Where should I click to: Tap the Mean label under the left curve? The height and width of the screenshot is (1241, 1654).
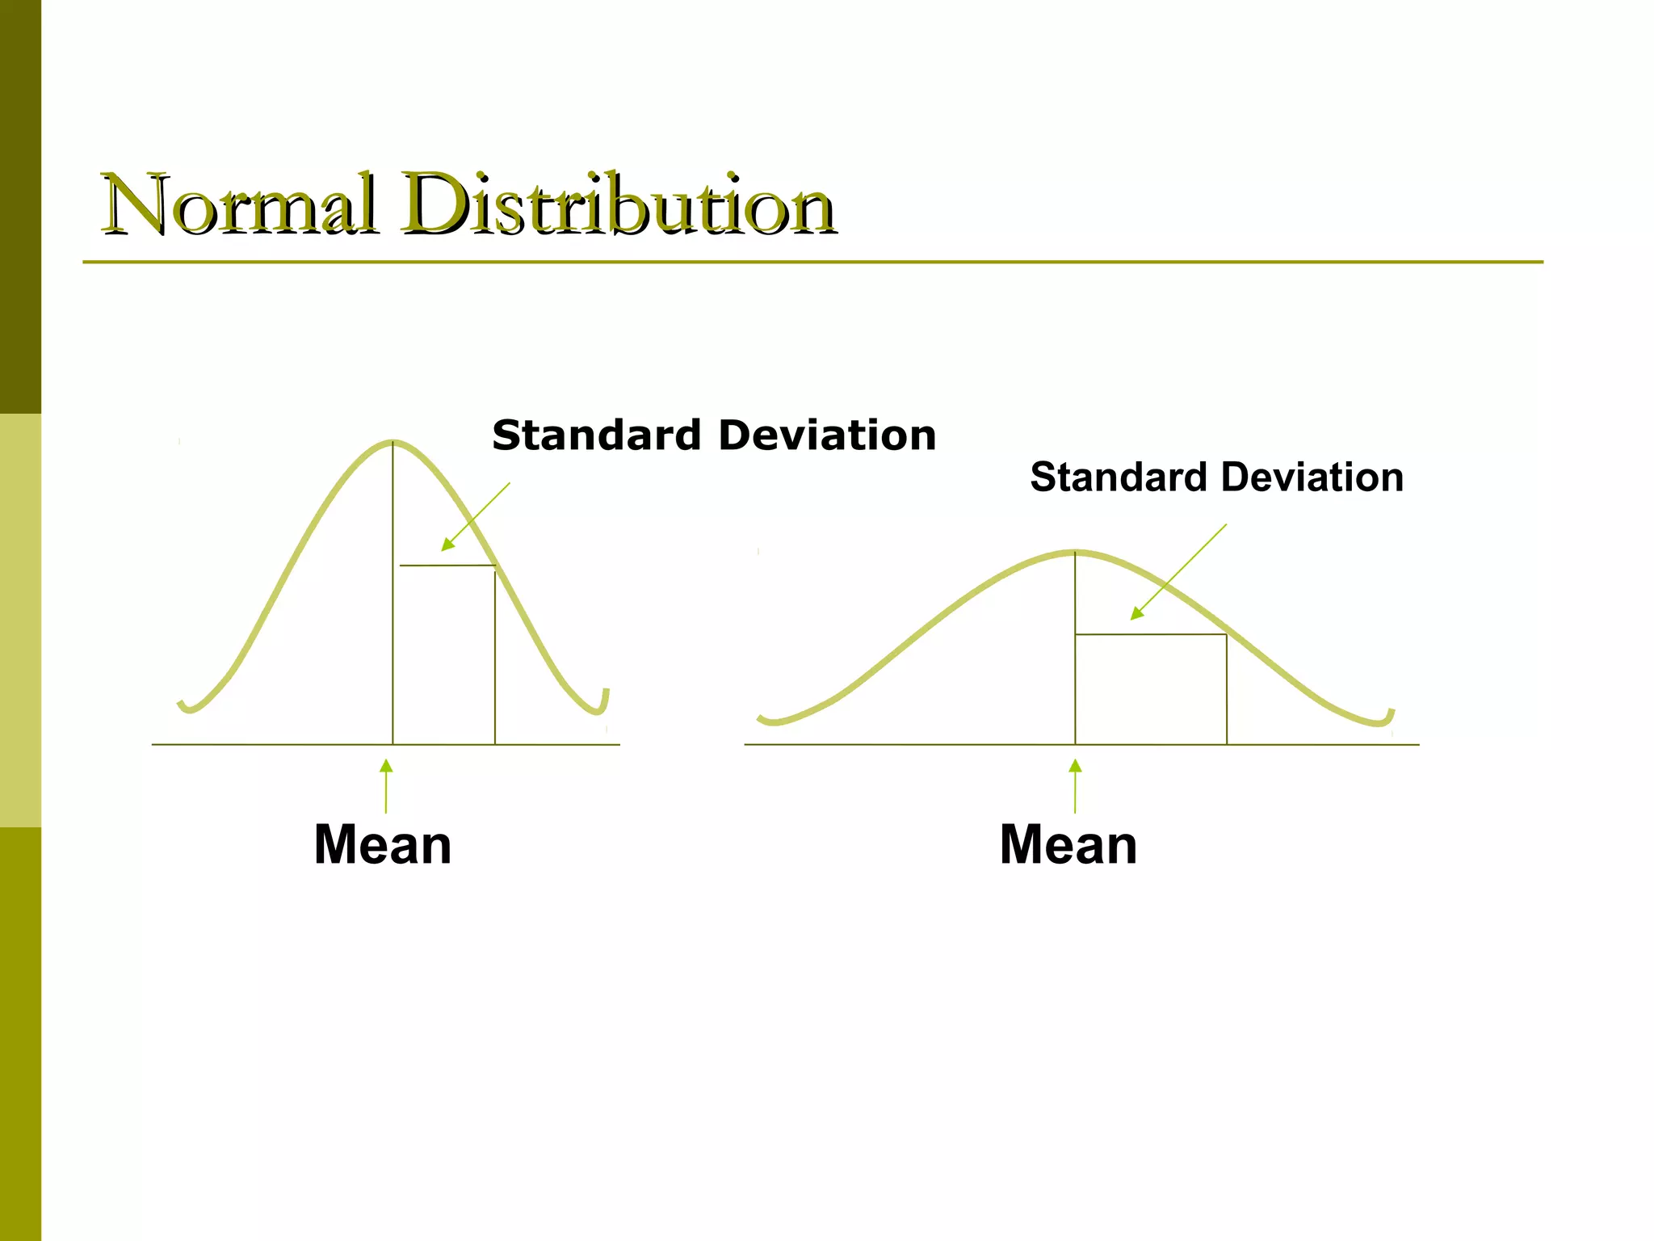382,845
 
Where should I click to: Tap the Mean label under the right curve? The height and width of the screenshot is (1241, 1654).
1068,845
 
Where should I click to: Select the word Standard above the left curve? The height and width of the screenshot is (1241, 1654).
596,435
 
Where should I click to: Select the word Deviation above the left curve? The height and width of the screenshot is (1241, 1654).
827,435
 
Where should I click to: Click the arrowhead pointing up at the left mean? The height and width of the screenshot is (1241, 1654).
386,765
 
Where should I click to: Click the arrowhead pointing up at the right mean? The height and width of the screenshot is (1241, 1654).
1075,765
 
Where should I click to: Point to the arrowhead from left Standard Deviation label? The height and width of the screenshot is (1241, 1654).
447,545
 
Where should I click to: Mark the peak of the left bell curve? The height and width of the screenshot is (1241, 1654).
393,442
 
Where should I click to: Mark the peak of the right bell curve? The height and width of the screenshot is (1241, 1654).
1075,553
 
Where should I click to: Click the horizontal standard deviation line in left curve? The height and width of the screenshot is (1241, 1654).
447,566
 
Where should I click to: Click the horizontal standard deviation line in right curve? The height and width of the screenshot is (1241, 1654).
1151,635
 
